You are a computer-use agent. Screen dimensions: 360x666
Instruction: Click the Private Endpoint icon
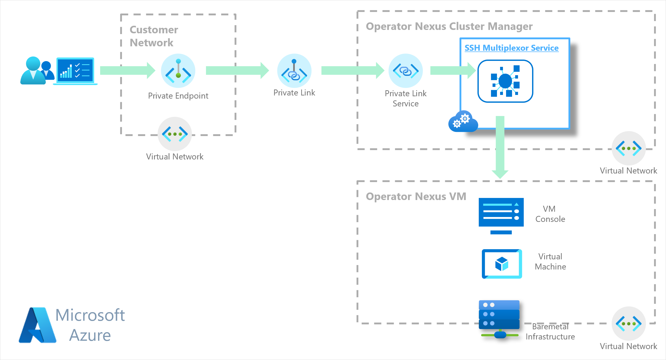[x=178, y=70]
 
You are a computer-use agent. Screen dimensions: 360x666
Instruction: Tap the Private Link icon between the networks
[x=294, y=70]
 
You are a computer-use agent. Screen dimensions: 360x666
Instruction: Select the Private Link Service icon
[x=405, y=70]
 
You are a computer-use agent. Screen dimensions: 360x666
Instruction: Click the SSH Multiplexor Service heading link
[x=511, y=48]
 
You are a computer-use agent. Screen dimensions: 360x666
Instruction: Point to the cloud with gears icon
[x=463, y=121]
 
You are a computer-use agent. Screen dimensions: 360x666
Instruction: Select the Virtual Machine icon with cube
[x=502, y=264]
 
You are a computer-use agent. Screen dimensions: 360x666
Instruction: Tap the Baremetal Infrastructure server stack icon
[x=499, y=319]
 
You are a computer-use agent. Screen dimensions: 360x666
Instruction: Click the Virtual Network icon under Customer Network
[x=175, y=134]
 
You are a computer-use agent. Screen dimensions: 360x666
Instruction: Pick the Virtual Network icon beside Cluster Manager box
[x=629, y=148]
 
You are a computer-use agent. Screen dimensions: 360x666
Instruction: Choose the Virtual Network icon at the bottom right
[x=629, y=324]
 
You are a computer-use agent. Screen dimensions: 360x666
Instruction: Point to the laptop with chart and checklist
[x=75, y=71]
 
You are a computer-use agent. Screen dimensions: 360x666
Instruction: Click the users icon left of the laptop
[x=36, y=70]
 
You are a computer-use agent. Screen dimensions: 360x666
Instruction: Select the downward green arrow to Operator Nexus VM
[x=500, y=147]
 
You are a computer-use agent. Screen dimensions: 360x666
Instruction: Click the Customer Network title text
[x=154, y=36]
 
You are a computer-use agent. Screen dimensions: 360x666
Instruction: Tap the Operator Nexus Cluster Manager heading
[x=449, y=26]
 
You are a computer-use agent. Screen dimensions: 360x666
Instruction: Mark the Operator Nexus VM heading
[x=416, y=196]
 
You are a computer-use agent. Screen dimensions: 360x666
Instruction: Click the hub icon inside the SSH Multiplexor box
[x=505, y=81]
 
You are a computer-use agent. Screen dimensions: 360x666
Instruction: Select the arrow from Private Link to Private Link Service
[x=352, y=70]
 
